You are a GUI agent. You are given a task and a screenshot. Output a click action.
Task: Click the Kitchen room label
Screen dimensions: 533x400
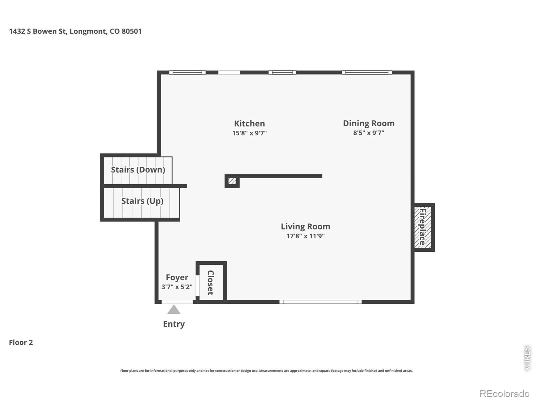(250, 124)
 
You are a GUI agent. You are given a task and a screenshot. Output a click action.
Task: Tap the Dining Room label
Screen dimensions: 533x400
(369, 123)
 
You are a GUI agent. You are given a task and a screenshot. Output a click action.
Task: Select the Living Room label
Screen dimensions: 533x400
(305, 227)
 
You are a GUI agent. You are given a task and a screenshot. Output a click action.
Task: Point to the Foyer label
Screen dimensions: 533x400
(177, 277)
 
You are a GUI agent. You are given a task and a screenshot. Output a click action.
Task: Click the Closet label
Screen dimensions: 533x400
(211, 282)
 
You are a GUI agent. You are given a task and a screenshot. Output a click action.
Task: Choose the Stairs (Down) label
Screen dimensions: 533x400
(138, 170)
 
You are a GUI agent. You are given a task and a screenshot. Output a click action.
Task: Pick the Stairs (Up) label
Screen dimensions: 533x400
(142, 201)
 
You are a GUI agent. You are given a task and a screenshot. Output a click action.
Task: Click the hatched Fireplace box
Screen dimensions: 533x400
(422, 227)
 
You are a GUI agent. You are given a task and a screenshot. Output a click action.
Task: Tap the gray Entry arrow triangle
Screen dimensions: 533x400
(174, 310)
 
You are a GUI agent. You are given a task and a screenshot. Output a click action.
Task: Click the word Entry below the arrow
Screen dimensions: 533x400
(174, 324)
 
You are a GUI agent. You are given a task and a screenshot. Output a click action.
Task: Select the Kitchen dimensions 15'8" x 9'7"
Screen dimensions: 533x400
(250, 133)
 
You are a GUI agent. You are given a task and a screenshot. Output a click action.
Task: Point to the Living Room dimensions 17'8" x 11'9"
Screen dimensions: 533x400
(305, 236)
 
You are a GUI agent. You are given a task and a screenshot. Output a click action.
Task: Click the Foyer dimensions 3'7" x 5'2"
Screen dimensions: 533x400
(177, 287)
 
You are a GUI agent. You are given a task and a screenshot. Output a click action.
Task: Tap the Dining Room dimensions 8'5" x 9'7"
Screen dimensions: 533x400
(369, 133)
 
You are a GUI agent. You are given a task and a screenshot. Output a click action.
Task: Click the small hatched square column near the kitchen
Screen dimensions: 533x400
(232, 181)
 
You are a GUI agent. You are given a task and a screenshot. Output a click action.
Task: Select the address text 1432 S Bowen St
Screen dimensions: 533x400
(38, 31)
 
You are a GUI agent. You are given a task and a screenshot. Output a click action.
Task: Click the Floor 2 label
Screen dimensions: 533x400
(21, 342)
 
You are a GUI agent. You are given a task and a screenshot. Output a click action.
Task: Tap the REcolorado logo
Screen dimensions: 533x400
(504, 393)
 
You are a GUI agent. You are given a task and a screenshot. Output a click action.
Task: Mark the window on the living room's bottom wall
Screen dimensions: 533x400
(320, 302)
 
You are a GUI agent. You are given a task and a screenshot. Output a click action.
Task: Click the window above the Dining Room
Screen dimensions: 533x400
(367, 72)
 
